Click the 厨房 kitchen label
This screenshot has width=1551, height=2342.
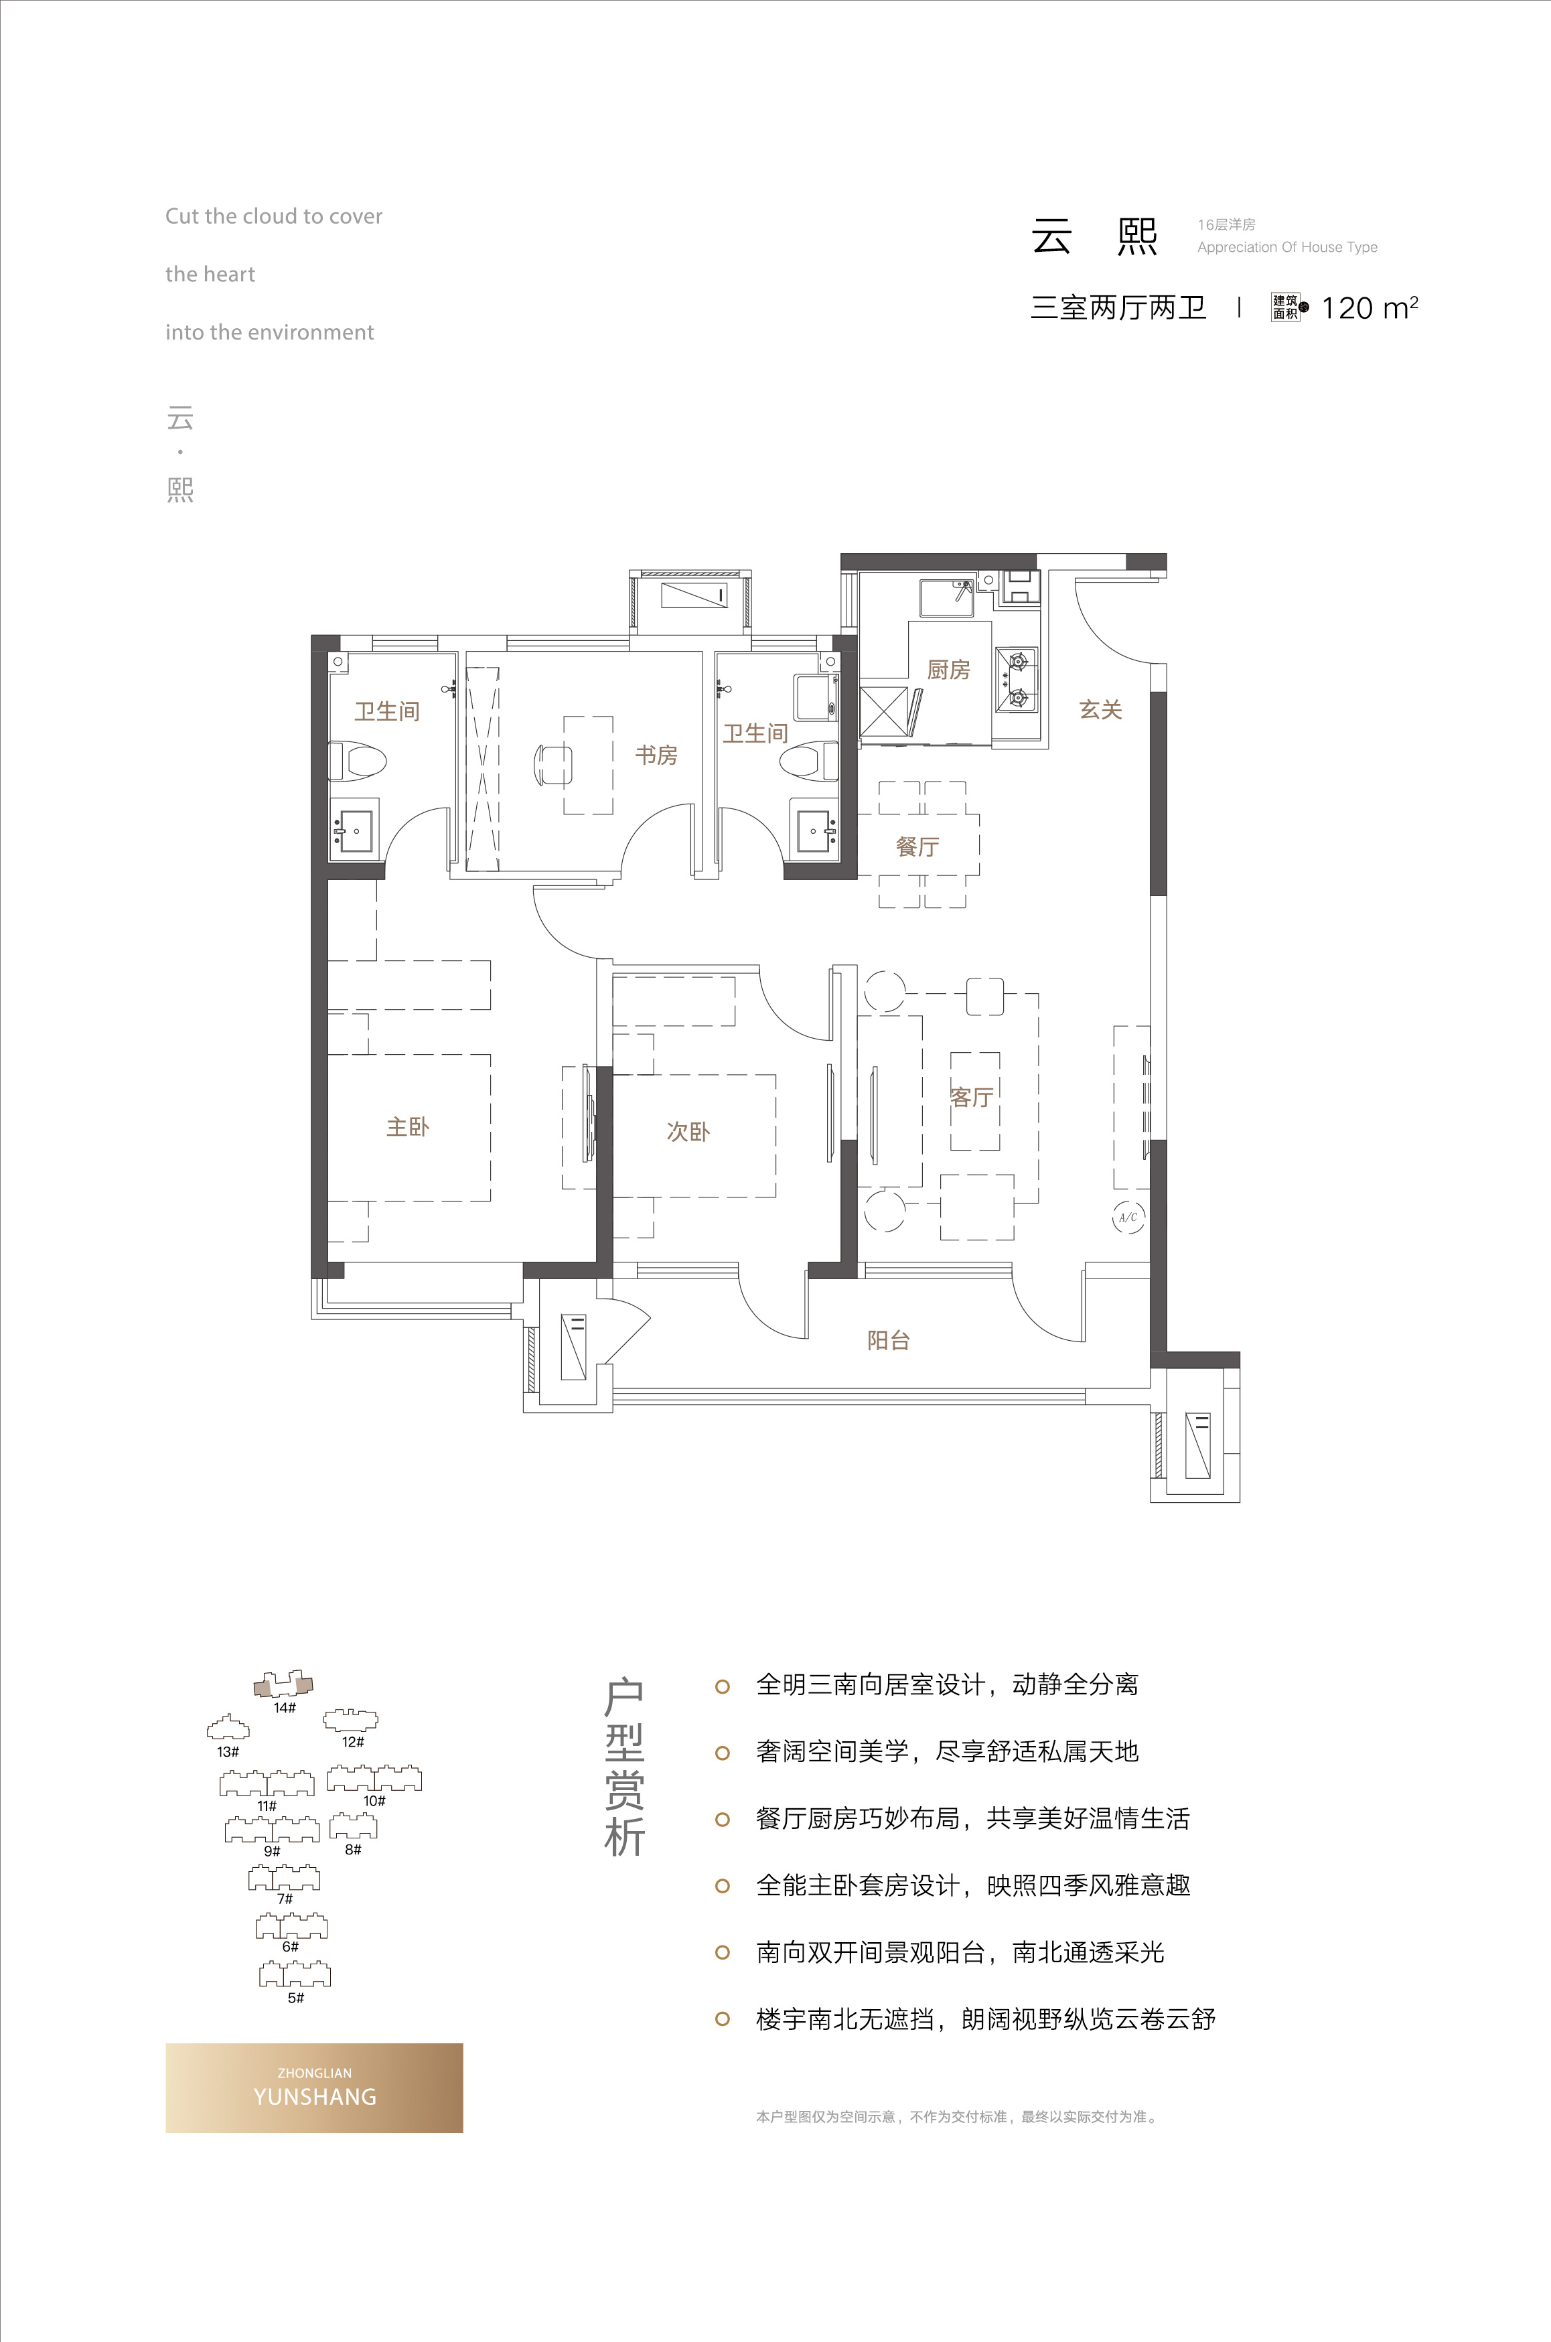pos(948,670)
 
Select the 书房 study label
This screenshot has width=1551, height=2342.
pos(656,755)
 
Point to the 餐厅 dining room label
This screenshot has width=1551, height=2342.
pos(917,847)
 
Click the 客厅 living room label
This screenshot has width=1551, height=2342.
pos(971,1097)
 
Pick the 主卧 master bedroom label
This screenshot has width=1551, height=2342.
pos(408,1126)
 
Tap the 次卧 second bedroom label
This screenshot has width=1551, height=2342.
pos(688,1131)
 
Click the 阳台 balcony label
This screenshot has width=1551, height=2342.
pos(888,1340)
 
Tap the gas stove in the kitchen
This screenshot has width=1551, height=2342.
pos(1016,680)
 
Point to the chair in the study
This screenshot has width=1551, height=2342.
pos(552,765)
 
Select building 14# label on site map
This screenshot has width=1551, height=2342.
pos(285,1708)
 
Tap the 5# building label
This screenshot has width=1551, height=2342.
pos(296,1998)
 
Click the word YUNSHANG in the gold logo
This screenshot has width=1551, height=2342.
pos(315,2097)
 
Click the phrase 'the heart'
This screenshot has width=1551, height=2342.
pos(210,274)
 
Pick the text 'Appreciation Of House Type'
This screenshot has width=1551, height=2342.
pos(1287,247)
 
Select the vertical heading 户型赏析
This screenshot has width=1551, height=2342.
pos(624,1768)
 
